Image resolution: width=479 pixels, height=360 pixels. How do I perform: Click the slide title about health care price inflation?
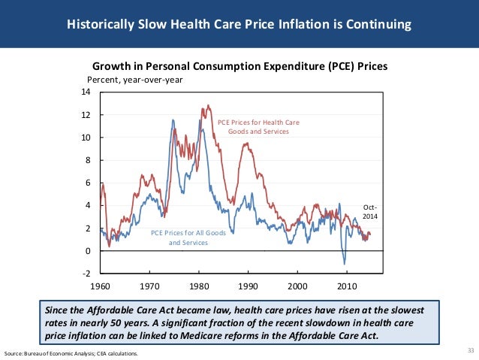239,25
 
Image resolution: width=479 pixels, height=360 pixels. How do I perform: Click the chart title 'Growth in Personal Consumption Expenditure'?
239,66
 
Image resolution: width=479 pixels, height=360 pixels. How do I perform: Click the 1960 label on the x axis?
100,287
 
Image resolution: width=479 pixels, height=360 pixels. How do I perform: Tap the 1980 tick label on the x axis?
199,287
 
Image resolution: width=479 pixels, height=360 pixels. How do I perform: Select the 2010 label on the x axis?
347,287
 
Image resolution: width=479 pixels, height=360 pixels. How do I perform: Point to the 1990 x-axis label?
249,287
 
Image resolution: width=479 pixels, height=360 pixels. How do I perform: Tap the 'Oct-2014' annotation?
370,211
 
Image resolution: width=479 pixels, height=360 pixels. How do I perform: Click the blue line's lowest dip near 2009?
345,263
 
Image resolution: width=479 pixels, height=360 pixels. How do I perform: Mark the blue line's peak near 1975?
173,119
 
